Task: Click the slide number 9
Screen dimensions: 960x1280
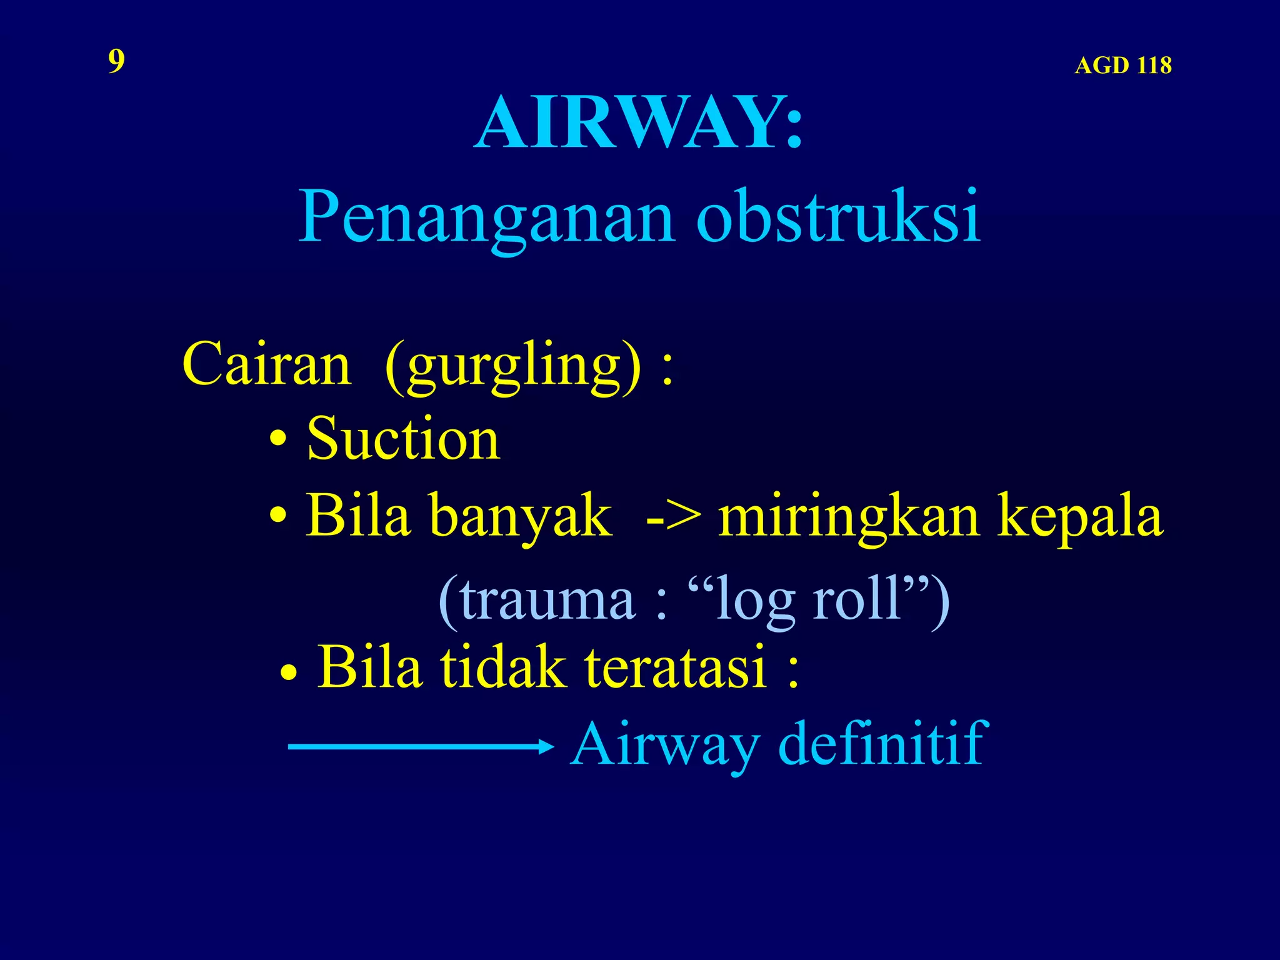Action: [116, 61]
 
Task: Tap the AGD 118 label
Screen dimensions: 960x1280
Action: [1122, 66]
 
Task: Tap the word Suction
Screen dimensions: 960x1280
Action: [403, 439]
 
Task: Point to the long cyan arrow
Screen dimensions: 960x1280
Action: [420, 746]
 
